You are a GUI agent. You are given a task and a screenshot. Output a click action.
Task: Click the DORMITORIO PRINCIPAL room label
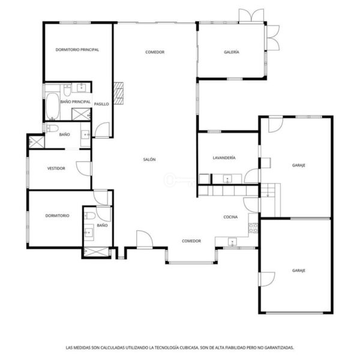click(x=77, y=50)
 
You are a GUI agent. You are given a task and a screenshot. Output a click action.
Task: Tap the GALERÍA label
click(x=232, y=52)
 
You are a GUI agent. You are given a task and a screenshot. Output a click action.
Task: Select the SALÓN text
click(x=149, y=160)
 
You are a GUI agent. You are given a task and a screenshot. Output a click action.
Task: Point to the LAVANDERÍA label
click(x=224, y=158)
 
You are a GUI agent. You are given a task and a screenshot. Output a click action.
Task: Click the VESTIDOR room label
click(x=56, y=168)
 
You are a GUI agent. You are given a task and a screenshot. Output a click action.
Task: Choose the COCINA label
click(x=230, y=217)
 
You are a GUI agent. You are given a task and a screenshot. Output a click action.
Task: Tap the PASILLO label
click(x=101, y=104)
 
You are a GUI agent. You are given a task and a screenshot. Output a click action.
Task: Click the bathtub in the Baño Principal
click(x=53, y=106)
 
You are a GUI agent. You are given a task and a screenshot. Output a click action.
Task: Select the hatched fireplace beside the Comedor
click(x=118, y=93)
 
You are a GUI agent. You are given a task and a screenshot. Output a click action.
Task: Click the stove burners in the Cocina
click(x=253, y=228)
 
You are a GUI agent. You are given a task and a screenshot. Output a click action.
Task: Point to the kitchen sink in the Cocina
click(x=232, y=242)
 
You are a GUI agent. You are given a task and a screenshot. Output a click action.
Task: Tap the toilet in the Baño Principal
click(x=67, y=90)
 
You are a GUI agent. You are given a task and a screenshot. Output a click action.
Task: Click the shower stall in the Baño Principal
click(x=81, y=115)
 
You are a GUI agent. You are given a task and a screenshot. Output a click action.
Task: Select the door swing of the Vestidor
click(x=84, y=169)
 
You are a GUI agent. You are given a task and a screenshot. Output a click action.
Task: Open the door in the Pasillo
click(x=102, y=130)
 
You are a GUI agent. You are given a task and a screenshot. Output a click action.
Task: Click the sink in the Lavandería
click(x=227, y=178)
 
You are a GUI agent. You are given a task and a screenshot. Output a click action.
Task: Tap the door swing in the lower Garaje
click(x=267, y=279)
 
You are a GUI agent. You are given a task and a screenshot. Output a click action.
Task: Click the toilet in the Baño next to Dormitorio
click(x=90, y=215)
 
